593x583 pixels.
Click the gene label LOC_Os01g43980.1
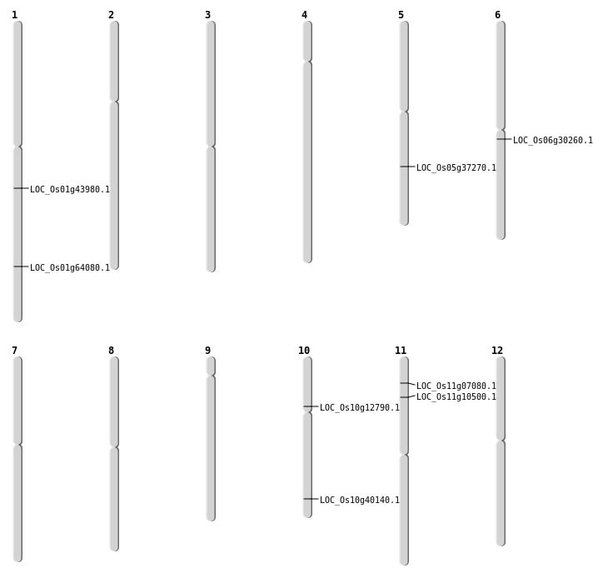click(70, 189)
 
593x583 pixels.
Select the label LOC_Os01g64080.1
click(70, 267)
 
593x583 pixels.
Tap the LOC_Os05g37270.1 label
click(456, 167)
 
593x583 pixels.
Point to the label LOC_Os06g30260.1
click(553, 140)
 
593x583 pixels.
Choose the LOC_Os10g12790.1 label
click(360, 407)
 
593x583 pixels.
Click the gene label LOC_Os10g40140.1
click(360, 500)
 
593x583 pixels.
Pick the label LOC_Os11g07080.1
click(456, 386)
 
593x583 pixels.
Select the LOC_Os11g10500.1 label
click(456, 396)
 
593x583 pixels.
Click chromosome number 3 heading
click(207, 15)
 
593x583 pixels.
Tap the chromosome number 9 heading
click(207, 351)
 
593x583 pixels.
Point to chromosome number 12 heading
click(497, 351)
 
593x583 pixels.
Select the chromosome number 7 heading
click(14, 351)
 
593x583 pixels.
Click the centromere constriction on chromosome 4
click(307, 62)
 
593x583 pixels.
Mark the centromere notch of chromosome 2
click(114, 102)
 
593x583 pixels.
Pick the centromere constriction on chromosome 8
click(114, 447)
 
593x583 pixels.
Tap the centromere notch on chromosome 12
click(501, 441)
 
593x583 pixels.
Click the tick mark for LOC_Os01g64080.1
click(21, 267)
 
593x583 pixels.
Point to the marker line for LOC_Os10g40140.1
click(311, 499)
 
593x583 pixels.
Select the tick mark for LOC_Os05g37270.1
click(408, 167)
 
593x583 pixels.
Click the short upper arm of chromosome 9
click(211, 366)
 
